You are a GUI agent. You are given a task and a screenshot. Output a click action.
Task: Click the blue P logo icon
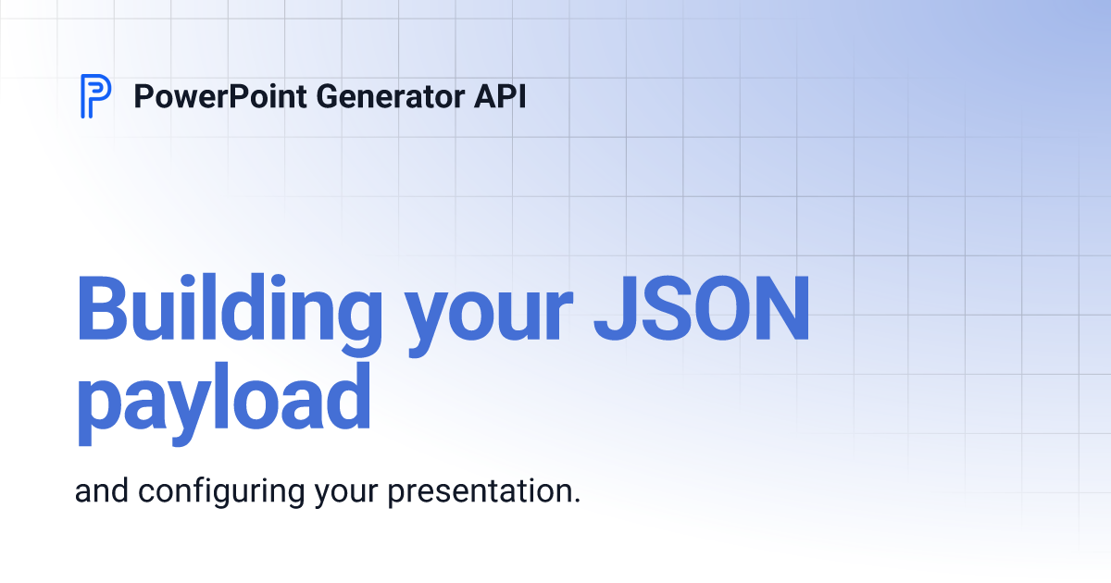click(95, 96)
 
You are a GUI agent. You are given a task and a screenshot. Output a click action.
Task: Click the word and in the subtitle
click(103, 491)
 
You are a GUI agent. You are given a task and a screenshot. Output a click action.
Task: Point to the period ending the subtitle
click(576, 501)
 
